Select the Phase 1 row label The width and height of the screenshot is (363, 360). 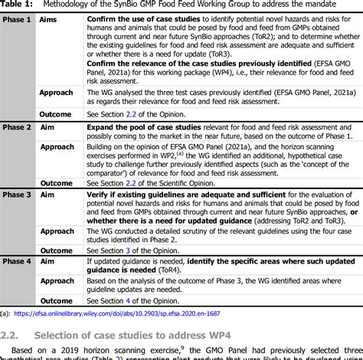17,18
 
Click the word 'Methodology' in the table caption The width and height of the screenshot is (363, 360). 78,5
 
